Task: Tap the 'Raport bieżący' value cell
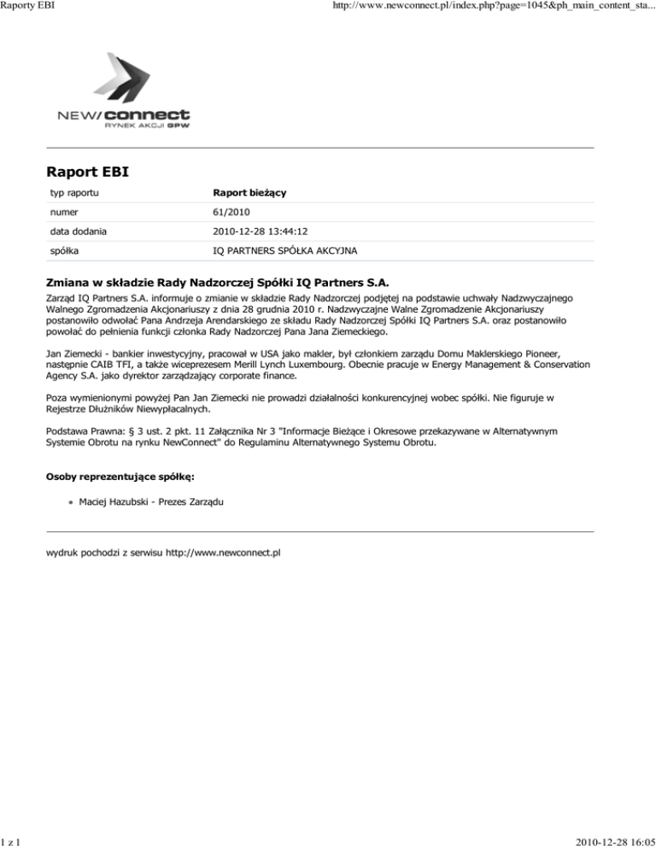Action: point(249,194)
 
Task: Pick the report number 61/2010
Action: point(232,212)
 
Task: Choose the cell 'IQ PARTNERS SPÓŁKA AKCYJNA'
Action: point(286,249)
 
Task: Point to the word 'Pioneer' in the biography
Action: point(534,350)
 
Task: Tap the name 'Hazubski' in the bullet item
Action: point(133,503)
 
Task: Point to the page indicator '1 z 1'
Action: point(12,841)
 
